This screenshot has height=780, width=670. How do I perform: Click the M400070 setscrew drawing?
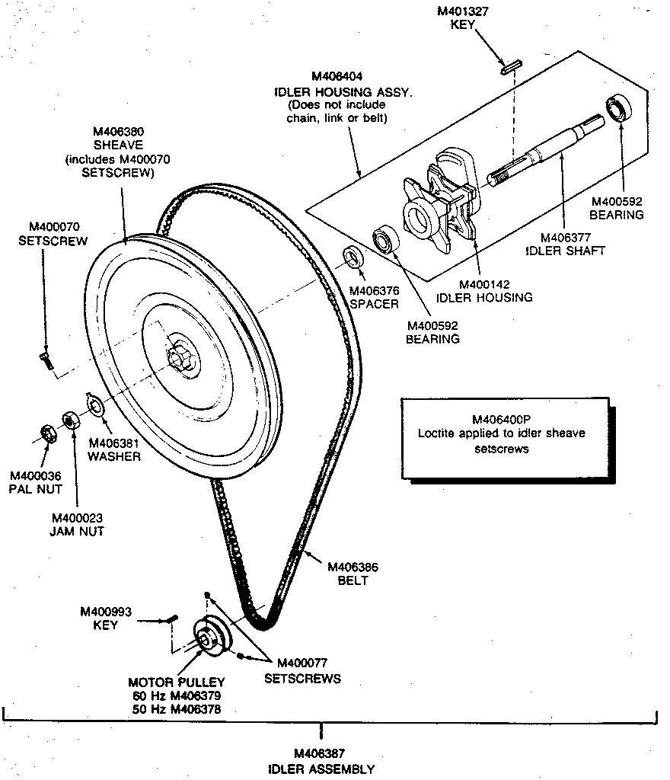tap(45, 360)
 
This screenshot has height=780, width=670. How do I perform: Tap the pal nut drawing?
tap(46, 433)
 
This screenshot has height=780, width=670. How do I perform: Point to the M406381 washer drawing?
tap(96, 404)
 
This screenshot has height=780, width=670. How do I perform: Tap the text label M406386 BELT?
tap(353, 574)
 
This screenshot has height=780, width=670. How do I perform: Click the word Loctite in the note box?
tap(435, 433)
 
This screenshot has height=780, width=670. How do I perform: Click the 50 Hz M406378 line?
tap(177, 708)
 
